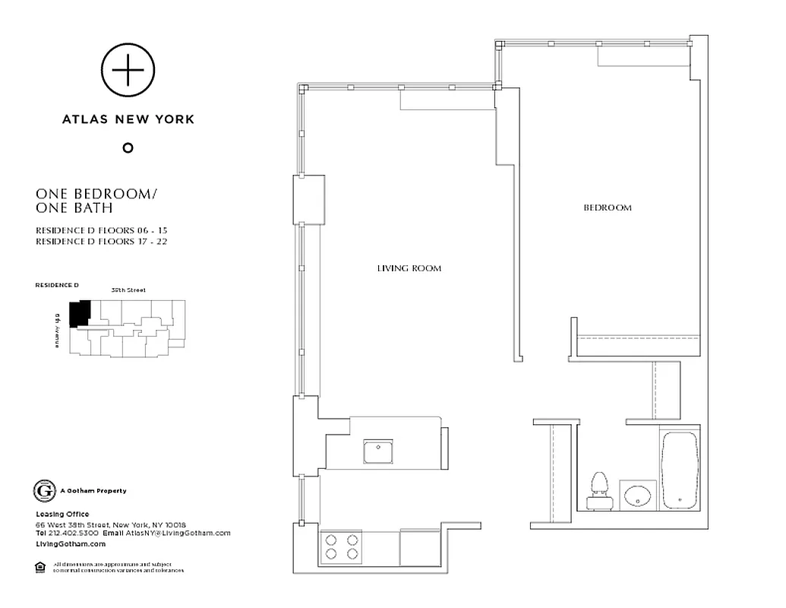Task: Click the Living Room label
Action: (x=409, y=268)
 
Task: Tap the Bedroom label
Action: (x=607, y=207)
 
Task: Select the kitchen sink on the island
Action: (x=377, y=451)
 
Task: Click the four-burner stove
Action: (x=342, y=546)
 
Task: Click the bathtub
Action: (x=679, y=470)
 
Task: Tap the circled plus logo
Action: (x=128, y=71)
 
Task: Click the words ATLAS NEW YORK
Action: (x=128, y=119)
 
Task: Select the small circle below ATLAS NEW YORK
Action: (x=128, y=147)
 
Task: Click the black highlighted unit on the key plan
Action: (x=79, y=313)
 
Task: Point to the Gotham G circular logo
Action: (x=44, y=491)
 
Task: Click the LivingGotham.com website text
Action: (x=71, y=543)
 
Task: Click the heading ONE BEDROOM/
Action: (x=96, y=194)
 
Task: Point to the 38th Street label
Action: (x=128, y=290)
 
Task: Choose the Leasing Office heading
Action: (x=62, y=515)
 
